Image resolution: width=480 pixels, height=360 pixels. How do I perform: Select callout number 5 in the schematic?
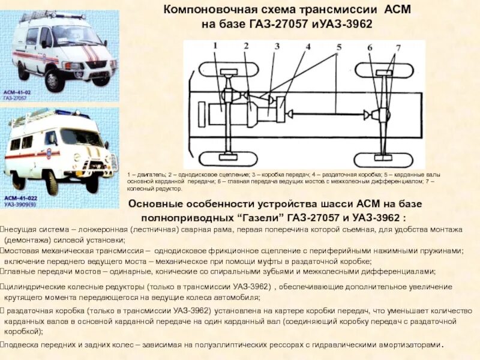tap(338, 47)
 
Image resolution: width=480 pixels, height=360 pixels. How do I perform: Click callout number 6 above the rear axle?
tap(370, 47)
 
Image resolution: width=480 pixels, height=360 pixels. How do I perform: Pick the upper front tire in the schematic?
tap(229, 69)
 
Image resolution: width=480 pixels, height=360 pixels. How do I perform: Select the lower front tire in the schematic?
tap(229, 158)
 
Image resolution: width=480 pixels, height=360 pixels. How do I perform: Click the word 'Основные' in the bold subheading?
tap(165, 204)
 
